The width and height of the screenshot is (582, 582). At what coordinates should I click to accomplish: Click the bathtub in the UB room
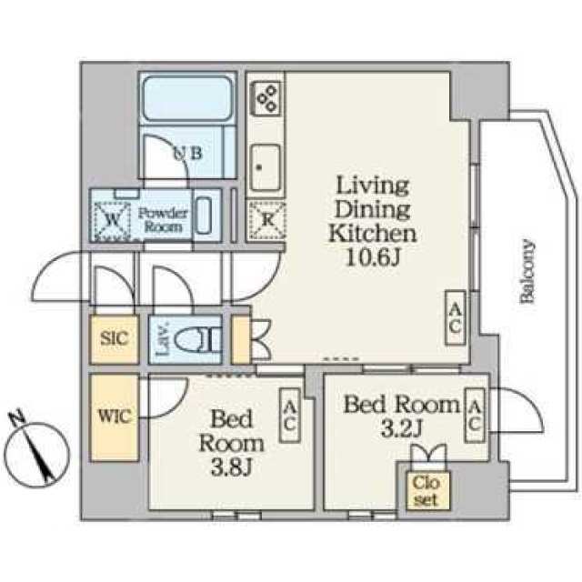[187, 98]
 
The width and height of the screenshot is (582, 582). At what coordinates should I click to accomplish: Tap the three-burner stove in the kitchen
[266, 97]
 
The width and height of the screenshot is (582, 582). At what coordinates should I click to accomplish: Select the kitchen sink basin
[265, 167]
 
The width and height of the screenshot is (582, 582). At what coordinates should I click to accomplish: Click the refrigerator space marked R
[266, 220]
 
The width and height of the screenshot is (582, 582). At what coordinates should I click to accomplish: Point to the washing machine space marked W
[112, 220]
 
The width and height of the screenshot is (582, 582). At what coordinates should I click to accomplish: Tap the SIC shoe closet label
[115, 338]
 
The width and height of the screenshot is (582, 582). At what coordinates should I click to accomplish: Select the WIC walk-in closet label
[115, 416]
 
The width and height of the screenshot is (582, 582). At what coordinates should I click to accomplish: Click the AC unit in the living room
[456, 317]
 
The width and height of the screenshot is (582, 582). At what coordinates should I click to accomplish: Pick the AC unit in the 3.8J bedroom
[290, 416]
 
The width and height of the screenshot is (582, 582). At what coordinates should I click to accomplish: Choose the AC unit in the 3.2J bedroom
[475, 416]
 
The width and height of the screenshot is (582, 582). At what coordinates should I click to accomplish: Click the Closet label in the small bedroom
[426, 491]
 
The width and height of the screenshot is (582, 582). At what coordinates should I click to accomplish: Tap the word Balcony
[527, 272]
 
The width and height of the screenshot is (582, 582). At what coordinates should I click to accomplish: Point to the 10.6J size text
[373, 256]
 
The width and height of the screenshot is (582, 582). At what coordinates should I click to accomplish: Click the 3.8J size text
[232, 467]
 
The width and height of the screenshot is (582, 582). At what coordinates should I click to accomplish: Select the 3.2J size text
[402, 428]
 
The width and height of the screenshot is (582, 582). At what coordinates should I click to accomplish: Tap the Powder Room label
[164, 220]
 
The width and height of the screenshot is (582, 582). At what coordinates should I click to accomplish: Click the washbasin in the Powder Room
[204, 216]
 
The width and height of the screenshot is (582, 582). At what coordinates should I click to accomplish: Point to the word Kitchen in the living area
[373, 233]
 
